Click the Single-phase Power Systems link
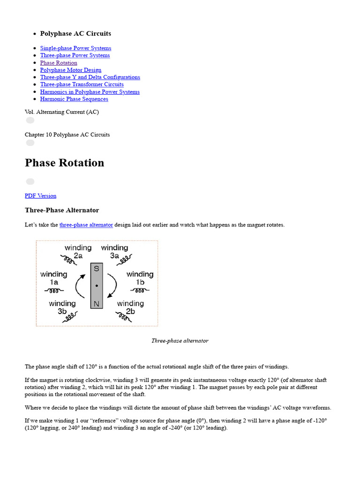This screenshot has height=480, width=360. [x=75, y=48]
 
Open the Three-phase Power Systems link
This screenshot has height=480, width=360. [x=75, y=55]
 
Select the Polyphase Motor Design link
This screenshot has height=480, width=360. [x=70, y=70]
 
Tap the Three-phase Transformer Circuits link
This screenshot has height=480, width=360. [x=82, y=84]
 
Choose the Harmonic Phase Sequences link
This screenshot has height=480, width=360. [x=74, y=99]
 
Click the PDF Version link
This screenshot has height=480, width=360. [x=40, y=196]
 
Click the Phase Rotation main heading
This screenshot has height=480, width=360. [x=64, y=163]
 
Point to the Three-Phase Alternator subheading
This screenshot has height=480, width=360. [x=62, y=210]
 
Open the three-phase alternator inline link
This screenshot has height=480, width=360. [x=86, y=225]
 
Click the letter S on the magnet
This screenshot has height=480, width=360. [x=97, y=269]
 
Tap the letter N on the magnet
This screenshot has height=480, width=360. [x=97, y=303]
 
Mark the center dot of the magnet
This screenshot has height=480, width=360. [x=97, y=285]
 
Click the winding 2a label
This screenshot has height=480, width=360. [x=78, y=252]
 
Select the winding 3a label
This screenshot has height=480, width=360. [x=114, y=252]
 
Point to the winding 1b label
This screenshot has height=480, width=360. [x=140, y=278]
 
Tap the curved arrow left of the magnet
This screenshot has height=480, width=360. [x=80, y=285]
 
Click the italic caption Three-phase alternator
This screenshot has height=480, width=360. [x=180, y=341]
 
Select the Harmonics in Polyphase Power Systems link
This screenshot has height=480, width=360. [x=90, y=92]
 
